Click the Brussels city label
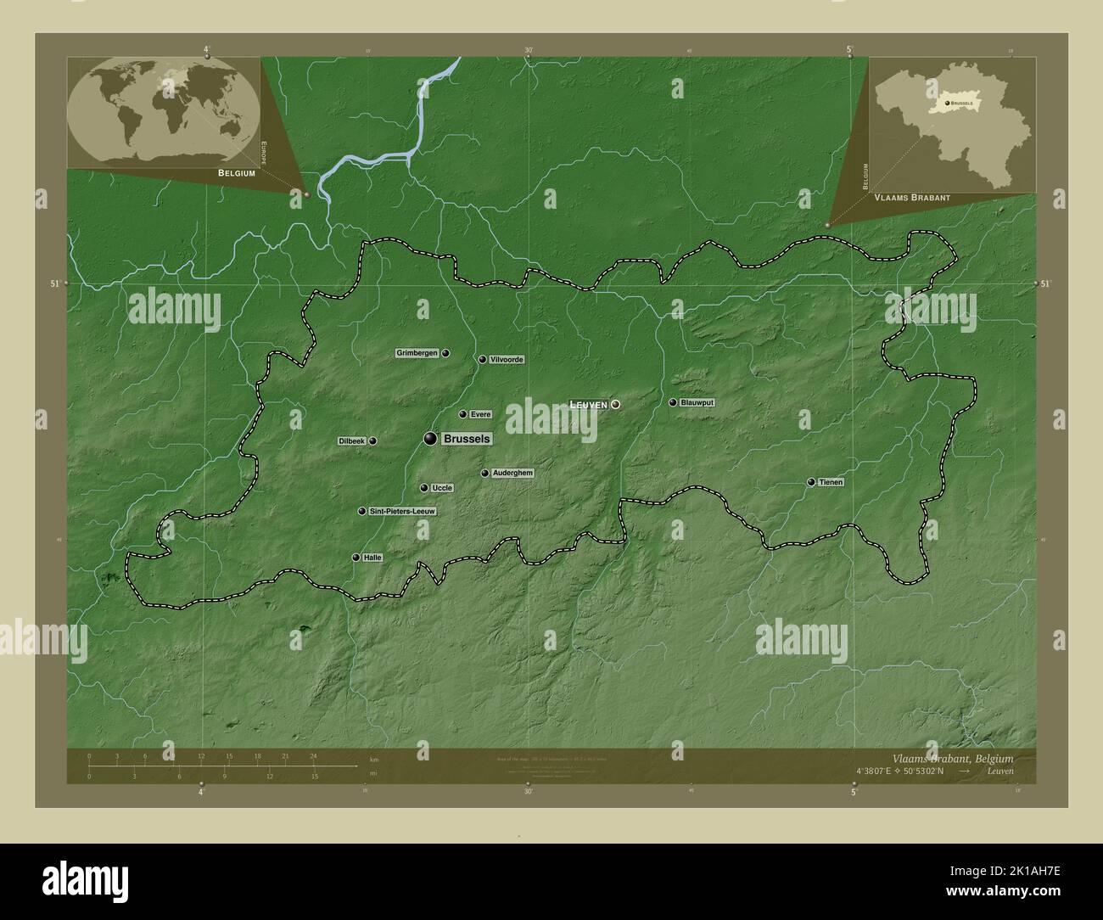click(x=466, y=439)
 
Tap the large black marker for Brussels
click(x=431, y=439)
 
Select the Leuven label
click(x=589, y=406)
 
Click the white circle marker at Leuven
click(x=616, y=405)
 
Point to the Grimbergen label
click(x=417, y=353)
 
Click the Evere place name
click(x=481, y=415)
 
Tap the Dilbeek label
click(x=351, y=441)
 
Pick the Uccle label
click(x=442, y=488)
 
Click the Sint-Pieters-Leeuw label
click(x=403, y=512)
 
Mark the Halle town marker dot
click(x=356, y=558)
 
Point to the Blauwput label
click(x=697, y=402)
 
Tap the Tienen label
click(x=831, y=482)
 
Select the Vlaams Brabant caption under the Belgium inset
click(x=912, y=197)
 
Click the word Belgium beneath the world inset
click(x=237, y=172)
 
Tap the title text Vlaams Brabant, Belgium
click(x=952, y=758)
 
